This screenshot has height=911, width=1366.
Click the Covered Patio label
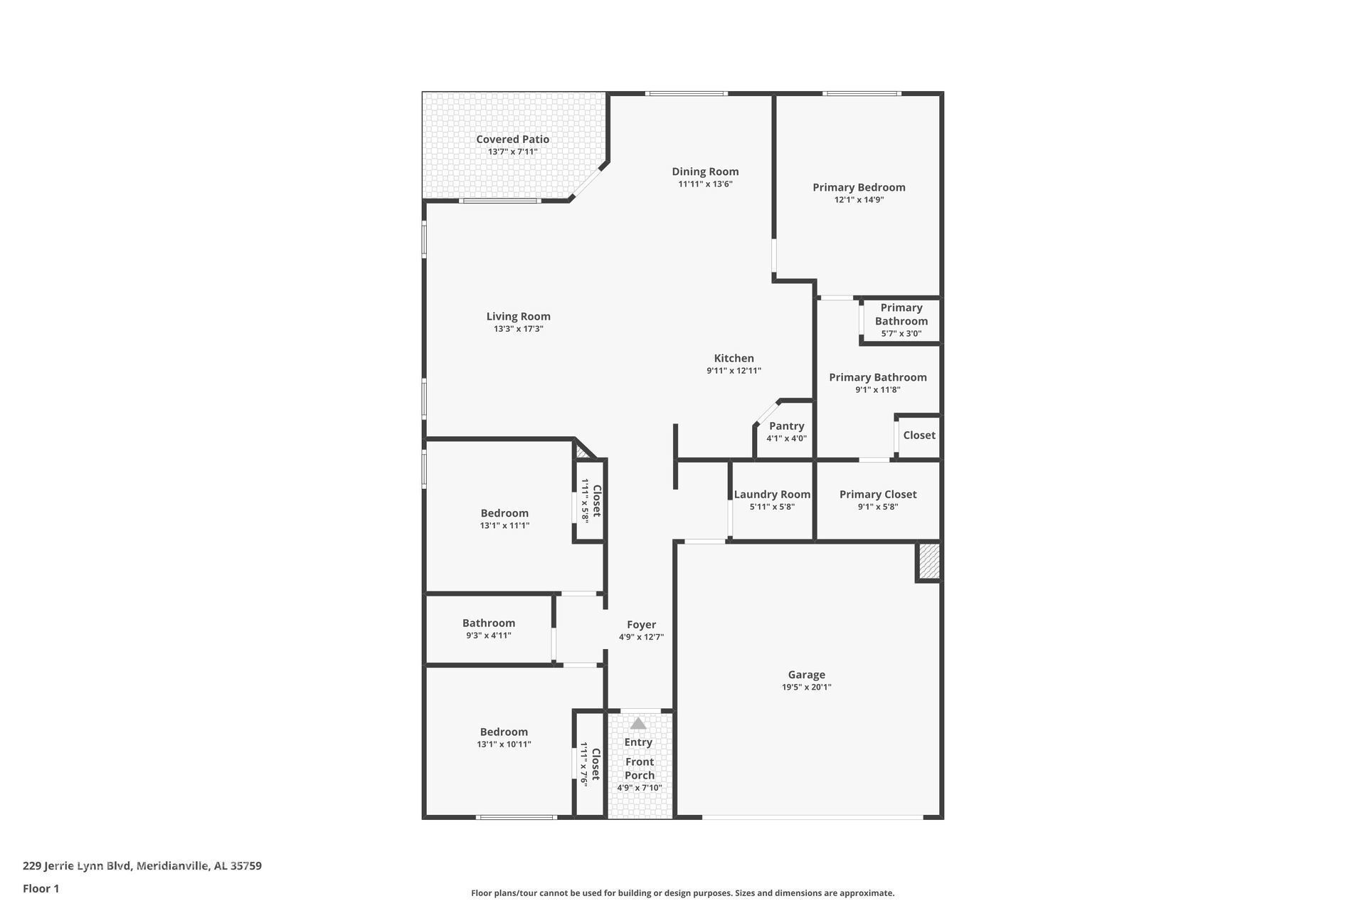coord(512,139)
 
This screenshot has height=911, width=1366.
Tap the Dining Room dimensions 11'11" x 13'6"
coord(705,184)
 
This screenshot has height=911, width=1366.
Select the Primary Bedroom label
coord(859,188)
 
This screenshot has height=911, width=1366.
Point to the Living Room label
coord(518,317)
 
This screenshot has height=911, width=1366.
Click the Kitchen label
coord(734,359)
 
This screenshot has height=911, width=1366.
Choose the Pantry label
coord(786,426)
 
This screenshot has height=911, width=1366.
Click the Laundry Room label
coord(772,495)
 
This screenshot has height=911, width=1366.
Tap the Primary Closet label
coord(877,495)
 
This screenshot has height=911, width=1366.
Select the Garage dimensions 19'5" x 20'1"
coord(806,688)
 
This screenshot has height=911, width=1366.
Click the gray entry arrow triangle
coord(638,724)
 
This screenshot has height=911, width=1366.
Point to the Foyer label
coord(641,625)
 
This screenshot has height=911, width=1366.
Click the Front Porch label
coord(639,769)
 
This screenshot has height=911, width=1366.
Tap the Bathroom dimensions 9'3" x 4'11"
coord(488,636)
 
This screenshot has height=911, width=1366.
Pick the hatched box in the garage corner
coord(928,562)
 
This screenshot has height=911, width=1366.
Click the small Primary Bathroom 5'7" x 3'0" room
coord(901,320)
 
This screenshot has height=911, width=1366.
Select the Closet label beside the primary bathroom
coord(919,436)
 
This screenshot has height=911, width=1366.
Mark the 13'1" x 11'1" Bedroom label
coord(504,513)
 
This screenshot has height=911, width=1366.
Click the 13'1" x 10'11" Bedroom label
coord(504,732)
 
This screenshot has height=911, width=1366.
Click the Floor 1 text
coord(41,888)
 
